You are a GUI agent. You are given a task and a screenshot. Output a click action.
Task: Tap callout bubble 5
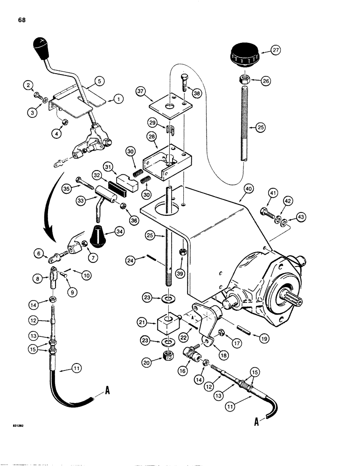coord(92,81)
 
